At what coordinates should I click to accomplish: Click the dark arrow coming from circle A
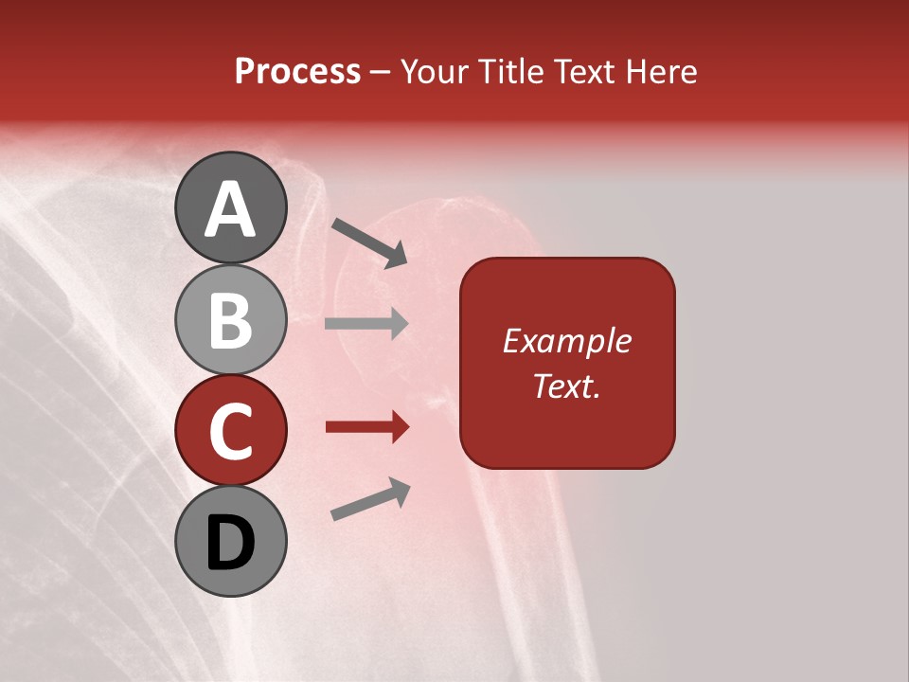click(x=369, y=242)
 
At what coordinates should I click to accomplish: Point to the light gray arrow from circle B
click(x=366, y=323)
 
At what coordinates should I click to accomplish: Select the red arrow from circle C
click(x=366, y=427)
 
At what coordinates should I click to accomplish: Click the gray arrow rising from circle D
click(x=370, y=499)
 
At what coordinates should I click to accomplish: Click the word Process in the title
click(x=297, y=72)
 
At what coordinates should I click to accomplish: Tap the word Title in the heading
click(x=511, y=72)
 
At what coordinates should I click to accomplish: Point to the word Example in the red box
click(x=566, y=341)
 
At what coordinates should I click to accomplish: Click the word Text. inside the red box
click(x=566, y=386)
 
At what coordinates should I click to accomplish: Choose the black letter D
click(x=231, y=543)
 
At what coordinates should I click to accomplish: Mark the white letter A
click(x=231, y=209)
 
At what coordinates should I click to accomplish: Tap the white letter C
click(x=231, y=432)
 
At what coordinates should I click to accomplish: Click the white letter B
click(x=231, y=320)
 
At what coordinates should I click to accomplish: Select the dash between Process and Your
click(x=381, y=73)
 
